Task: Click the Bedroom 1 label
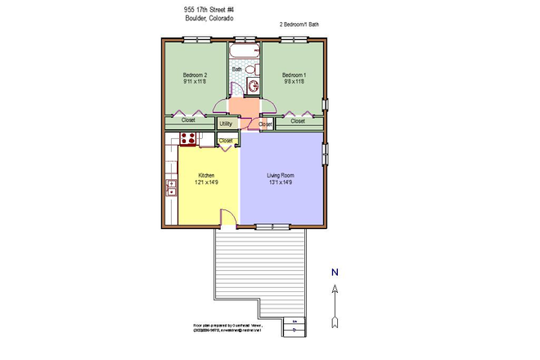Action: [294, 74]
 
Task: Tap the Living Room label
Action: [281, 175]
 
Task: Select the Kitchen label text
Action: [207, 175]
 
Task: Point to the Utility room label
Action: [227, 124]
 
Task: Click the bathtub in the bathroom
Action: [243, 53]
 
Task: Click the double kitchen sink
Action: [172, 188]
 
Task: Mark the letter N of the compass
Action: [335, 272]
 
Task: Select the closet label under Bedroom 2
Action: [188, 121]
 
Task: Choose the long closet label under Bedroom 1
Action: [298, 121]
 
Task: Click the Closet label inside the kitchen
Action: [226, 141]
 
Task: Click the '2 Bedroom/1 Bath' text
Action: [299, 25]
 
